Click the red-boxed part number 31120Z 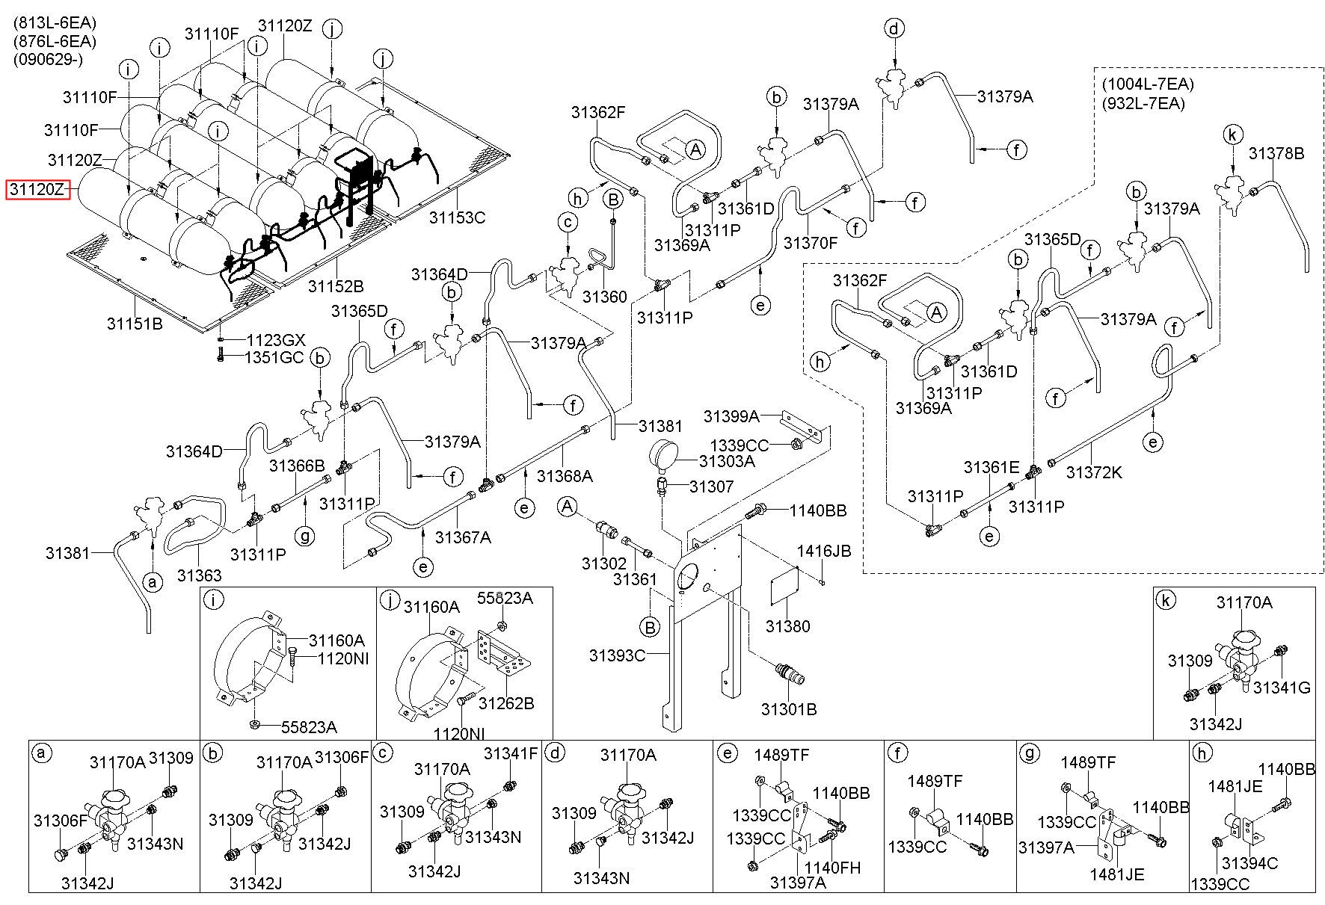pos(37,190)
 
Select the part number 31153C pos(457,217)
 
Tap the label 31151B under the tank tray pos(135,324)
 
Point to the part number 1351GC pos(275,357)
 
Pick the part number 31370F pos(811,243)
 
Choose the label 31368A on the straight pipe pos(565,476)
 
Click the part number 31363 pos(199,575)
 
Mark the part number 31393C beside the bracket pos(617,655)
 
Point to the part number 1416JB pos(823,551)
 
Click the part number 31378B pos(1276,153)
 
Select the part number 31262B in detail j pos(506,703)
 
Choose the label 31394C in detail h pos(1249,864)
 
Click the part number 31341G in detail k pos(1282,688)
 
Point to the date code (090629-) pos(47,59)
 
